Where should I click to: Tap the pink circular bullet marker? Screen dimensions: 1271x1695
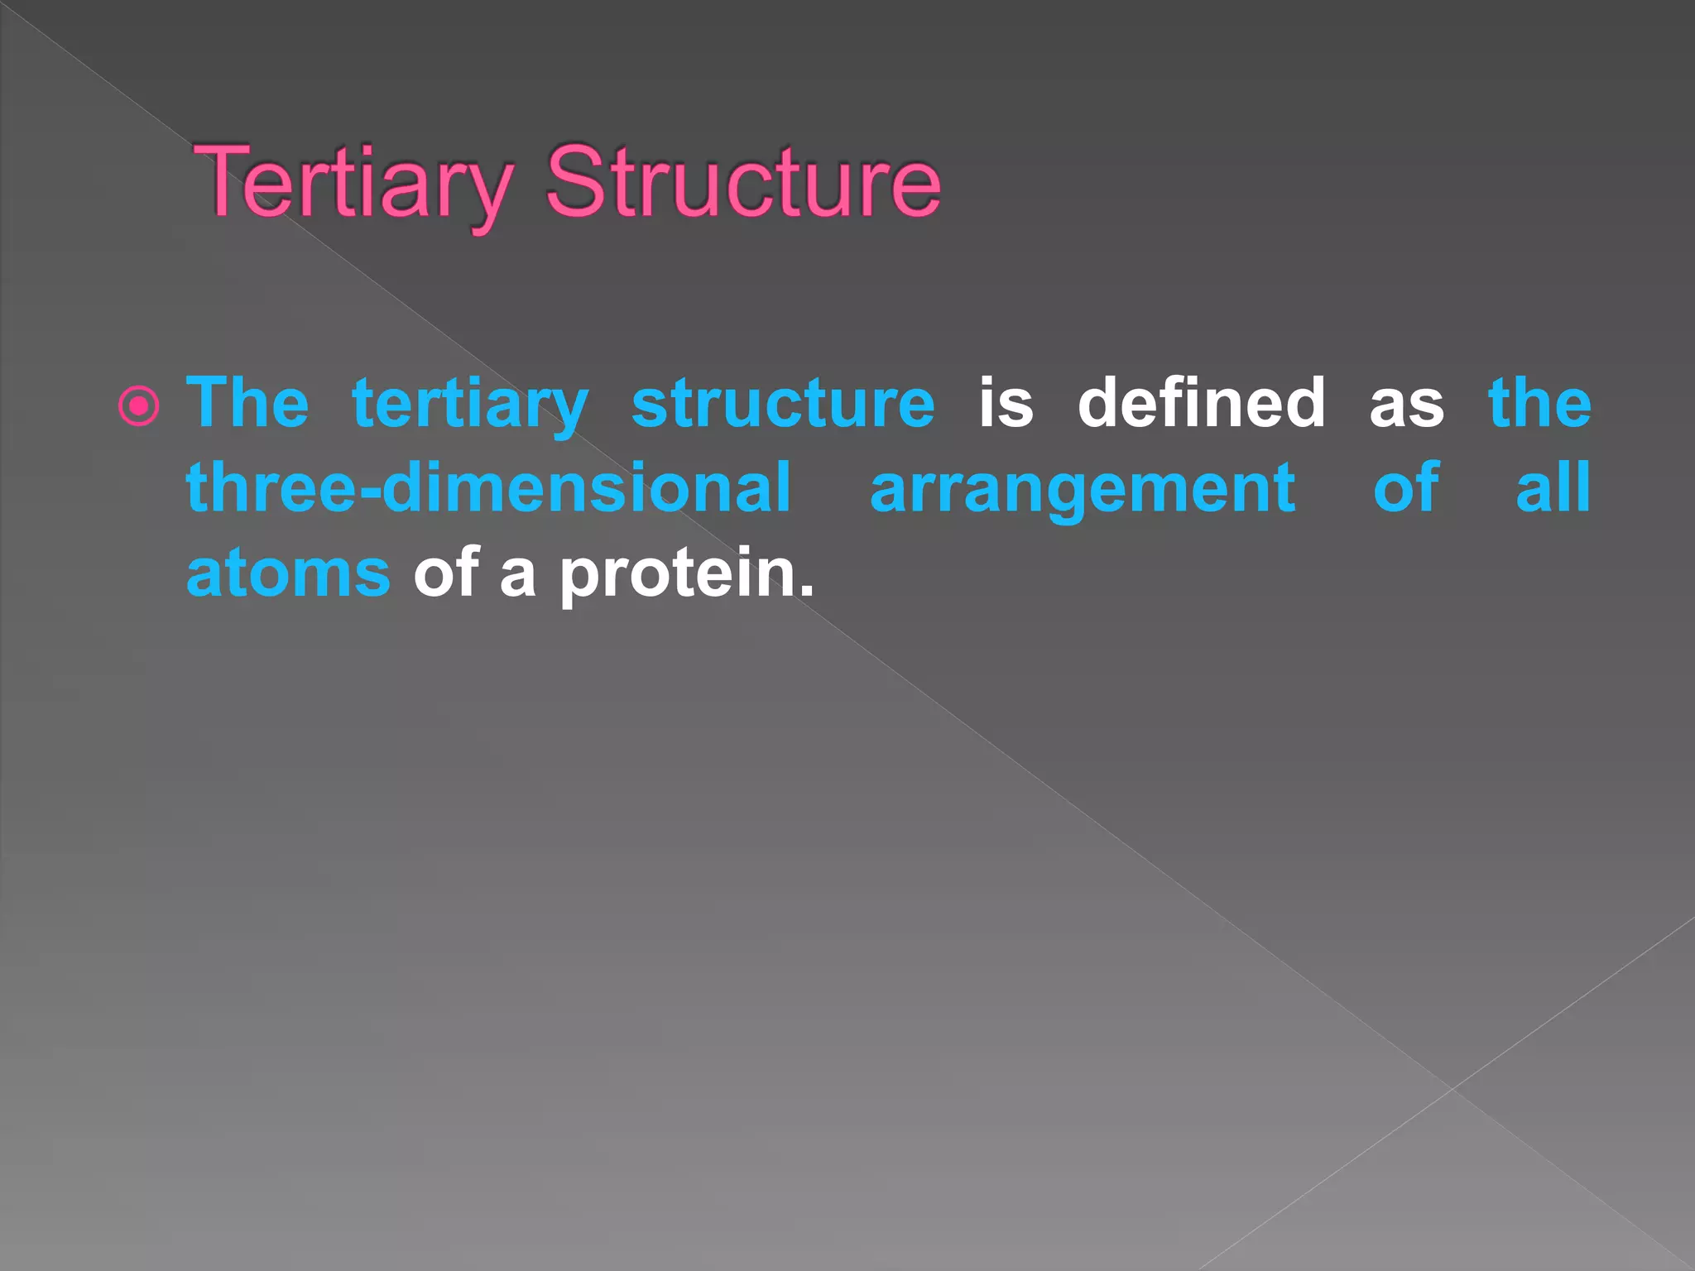pos(138,406)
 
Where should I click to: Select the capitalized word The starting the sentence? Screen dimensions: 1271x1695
pos(247,403)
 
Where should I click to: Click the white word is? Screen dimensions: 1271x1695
pos(1006,403)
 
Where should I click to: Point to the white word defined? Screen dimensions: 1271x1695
pos(1201,403)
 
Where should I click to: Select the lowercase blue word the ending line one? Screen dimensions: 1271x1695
pos(1539,403)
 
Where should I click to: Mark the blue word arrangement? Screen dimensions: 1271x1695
pos(1083,491)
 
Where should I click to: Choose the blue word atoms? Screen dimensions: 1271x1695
pos(288,574)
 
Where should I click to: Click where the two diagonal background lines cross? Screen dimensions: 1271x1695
pos(1453,1089)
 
